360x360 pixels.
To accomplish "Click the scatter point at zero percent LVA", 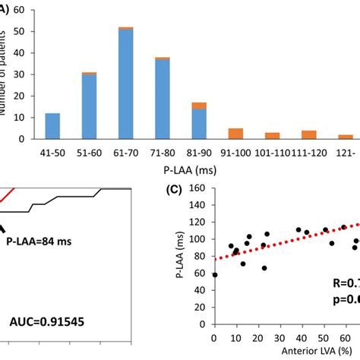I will click(x=214, y=274).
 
